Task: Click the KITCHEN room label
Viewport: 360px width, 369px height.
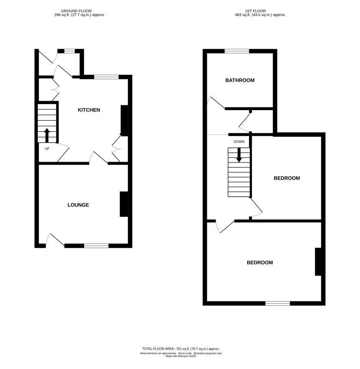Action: point(89,110)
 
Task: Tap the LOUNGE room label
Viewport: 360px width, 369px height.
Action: point(78,205)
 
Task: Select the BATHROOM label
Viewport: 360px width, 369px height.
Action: point(240,80)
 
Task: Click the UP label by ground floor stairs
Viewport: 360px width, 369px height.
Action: point(47,149)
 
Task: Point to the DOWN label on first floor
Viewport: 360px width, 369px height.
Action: point(239,142)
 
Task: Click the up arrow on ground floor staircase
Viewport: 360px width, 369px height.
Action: point(47,135)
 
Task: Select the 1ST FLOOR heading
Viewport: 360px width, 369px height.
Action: point(255,11)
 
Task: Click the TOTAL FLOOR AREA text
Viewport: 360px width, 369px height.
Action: point(181,349)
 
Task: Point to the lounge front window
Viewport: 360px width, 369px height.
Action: point(96,246)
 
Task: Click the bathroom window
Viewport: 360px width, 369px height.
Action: point(237,51)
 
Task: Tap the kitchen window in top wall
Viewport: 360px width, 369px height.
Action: point(106,77)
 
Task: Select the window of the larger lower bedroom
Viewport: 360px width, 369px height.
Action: point(278,303)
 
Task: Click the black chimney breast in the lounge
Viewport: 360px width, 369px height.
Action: point(124,204)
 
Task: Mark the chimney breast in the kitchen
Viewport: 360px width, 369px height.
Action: point(124,120)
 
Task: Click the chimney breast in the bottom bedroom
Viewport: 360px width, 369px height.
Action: point(318,261)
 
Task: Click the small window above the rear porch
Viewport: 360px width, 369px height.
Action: point(69,51)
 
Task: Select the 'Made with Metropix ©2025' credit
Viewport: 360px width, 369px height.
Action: point(181,356)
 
